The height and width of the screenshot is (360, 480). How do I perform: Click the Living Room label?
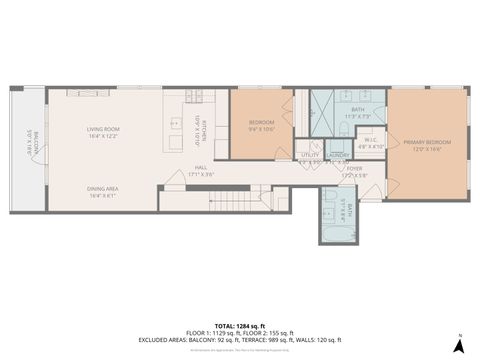pos(103,129)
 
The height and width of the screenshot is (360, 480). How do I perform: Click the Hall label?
pos(202,168)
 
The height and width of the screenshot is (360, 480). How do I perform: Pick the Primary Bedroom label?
pos(428,144)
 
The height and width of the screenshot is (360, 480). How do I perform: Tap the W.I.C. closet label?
pos(371,140)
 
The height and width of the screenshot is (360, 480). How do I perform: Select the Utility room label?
pos(310,156)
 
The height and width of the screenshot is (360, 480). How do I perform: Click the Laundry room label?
pos(339,156)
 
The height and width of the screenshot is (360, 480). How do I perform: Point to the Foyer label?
pos(355,169)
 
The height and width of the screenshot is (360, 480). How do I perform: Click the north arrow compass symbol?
pos(457,344)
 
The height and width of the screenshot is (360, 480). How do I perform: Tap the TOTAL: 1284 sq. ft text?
pos(240,326)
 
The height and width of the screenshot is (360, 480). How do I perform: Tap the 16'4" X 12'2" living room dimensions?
pos(103,136)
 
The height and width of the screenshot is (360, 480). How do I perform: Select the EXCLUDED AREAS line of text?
pos(240,340)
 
